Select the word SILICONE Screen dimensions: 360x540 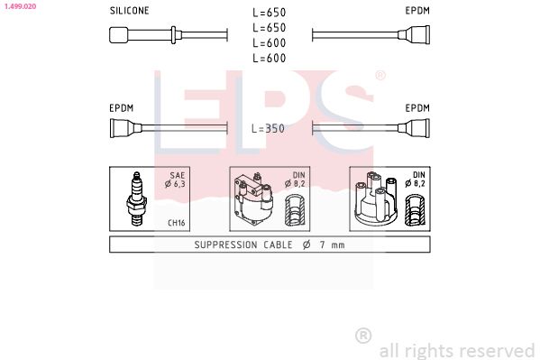[x=129, y=11]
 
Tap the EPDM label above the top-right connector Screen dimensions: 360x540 [x=416, y=11]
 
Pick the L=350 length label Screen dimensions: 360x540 [x=268, y=129]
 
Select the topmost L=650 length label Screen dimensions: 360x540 [x=268, y=13]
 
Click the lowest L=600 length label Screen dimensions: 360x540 [x=268, y=59]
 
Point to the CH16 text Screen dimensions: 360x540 [x=178, y=222]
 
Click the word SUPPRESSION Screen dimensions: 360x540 [x=227, y=245]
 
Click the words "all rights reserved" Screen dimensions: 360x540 [x=456, y=350]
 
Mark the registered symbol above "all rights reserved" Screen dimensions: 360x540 [x=363, y=336]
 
